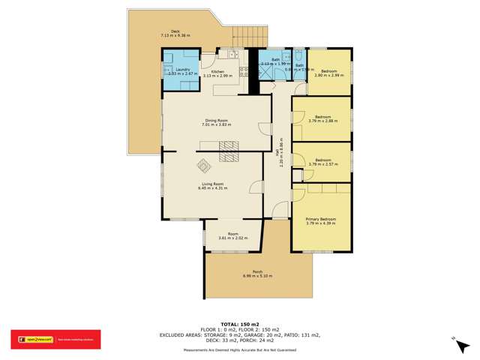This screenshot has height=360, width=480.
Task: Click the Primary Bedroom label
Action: coord(320,220)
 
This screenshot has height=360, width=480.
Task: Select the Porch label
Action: coord(257,274)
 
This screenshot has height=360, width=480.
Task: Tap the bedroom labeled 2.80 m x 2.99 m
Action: coord(328,73)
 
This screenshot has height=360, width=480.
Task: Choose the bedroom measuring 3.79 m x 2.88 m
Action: coord(322,118)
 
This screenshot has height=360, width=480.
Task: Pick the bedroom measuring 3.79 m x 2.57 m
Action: coord(322,162)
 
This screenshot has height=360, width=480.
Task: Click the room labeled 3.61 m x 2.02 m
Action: coord(232,235)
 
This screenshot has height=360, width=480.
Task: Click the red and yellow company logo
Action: coord(32,339)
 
